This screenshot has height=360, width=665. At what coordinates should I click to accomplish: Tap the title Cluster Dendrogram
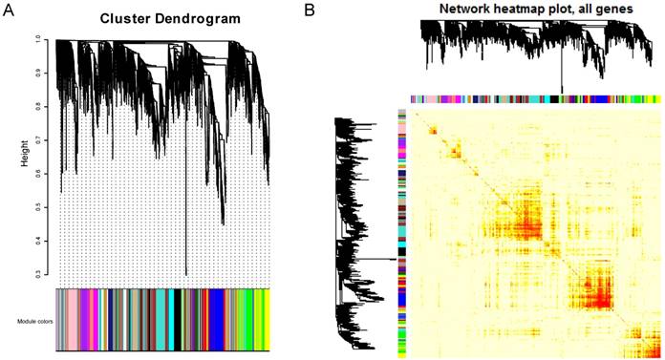161,20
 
